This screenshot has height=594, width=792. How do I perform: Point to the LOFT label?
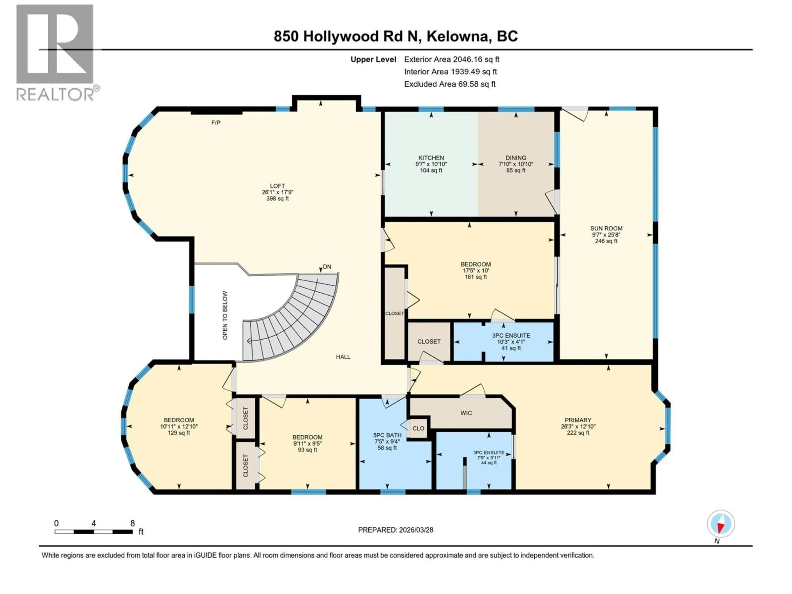click(277, 186)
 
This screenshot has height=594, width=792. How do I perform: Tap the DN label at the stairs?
click(327, 267)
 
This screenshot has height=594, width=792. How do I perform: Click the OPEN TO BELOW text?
click(225, 315)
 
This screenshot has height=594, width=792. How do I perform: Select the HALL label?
click(343, 357)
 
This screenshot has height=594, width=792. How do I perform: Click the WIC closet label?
click(466, 413)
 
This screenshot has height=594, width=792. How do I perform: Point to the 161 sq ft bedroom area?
click(475, 277)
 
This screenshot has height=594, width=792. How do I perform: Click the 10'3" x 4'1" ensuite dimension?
click(511, 342)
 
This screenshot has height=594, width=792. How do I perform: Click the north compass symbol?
click(721, 524)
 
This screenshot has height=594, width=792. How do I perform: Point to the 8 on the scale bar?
click(132, 523)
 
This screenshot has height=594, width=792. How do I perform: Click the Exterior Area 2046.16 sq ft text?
click(451, 59)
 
